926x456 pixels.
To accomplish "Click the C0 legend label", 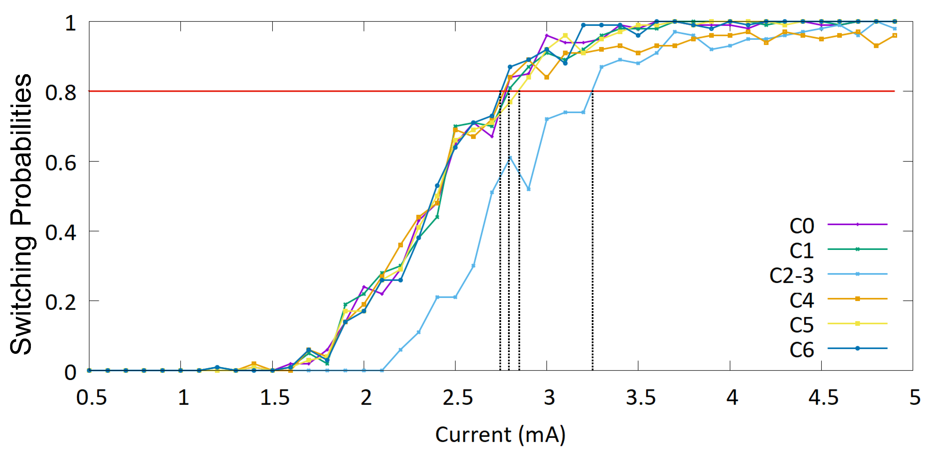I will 802,226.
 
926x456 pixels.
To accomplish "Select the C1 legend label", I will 802,251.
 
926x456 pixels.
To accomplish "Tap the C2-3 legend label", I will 791,276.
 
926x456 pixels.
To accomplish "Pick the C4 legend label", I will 802,300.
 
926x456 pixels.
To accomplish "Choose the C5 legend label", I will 802,325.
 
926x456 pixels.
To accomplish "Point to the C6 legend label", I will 802,350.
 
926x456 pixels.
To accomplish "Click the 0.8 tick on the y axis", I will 60,93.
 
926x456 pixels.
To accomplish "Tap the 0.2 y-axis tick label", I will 60,302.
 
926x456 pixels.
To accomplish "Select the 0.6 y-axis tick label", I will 60,163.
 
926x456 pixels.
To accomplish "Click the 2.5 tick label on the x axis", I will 457,398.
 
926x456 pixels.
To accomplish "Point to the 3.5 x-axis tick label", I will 641,398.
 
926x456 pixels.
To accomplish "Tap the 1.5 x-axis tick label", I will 275,398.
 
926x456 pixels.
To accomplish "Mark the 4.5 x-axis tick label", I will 823,398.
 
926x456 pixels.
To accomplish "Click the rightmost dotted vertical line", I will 592,230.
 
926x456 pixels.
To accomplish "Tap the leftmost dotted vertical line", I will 500,230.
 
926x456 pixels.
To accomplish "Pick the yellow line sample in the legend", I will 857,324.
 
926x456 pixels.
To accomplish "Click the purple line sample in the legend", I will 857,224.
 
